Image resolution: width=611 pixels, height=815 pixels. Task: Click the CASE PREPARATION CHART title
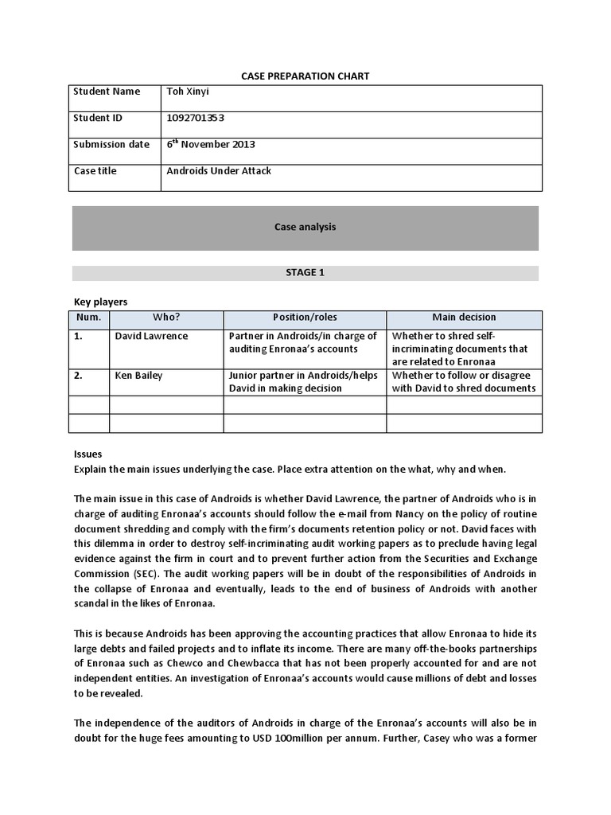tap(305, 76)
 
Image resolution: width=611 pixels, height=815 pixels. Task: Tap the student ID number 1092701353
tap(196, 118)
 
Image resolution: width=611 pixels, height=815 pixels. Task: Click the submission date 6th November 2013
tap(211, 145)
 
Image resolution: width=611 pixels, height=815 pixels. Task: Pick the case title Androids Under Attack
tap(219, 171)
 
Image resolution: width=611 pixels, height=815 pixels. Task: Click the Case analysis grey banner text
tap(305, 228)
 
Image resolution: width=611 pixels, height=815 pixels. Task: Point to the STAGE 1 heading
tap(305, 273)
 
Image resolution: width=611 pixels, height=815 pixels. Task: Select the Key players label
tap(100, 302)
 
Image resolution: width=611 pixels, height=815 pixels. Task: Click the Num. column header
tap(90, 318)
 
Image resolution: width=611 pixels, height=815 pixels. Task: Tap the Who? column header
tap(166, 318)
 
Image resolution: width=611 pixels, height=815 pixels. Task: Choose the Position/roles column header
tap(305, 318)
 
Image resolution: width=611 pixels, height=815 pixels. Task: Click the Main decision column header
tap(464, 318)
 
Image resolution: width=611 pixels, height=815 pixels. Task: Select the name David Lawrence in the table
tap(151, 337)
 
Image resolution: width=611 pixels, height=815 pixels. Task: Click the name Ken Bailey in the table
tap(138, 376)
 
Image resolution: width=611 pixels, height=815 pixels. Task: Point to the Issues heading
tap(88, 454)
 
